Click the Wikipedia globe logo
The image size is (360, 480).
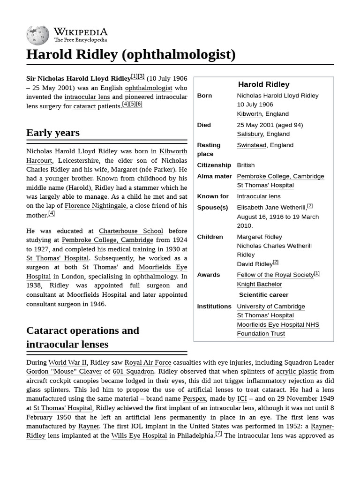tap(37, 35)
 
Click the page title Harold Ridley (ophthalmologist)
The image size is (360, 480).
tap(131, 54)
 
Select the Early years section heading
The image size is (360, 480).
tap(53, 133)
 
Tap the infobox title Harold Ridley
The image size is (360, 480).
tap(263, 84)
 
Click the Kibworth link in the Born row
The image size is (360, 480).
tap(249, 114)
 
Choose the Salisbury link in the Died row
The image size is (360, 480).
tap(250, 134)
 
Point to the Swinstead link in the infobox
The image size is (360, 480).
tap(252, 145)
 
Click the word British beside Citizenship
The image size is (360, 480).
tap(246, 165)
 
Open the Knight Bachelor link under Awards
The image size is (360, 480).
tap(259, 284)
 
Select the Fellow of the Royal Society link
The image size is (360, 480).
tap(275, 275)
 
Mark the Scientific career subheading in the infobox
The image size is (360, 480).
tap(263, 295)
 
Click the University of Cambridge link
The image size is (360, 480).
tap(270, 307)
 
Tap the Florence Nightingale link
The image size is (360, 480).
tap(95, 206)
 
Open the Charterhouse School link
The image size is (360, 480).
tap(131, 231)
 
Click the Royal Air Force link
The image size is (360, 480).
tap(148, 362)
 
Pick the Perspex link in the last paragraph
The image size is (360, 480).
tap(194, 399)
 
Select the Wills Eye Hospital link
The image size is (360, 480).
tap(139, 435)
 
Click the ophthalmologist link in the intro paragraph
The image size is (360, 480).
tap(148, 88)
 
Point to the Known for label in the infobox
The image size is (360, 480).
tap(213, 196)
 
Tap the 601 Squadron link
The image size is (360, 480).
tap(133, 371)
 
